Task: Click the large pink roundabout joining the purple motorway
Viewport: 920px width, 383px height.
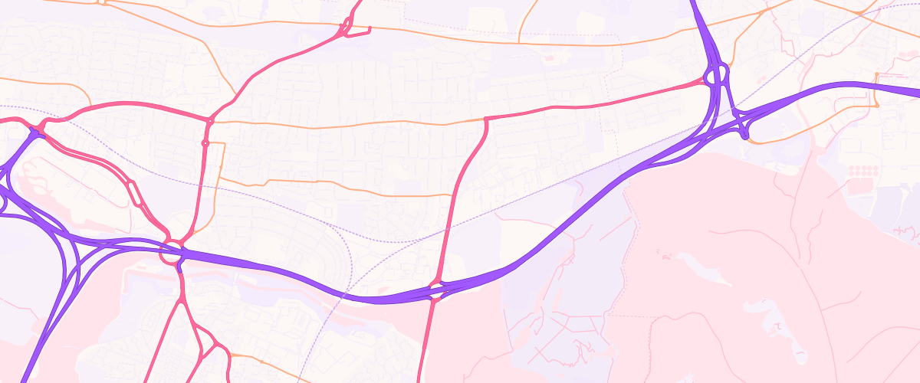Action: coord(172,253)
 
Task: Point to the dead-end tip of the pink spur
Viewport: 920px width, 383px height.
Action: coord(370,30)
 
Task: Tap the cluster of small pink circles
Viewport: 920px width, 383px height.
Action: coord(863,169)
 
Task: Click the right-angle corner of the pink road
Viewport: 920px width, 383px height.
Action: coord(486,118)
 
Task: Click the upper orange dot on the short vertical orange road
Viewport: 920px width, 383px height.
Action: coord(876,74)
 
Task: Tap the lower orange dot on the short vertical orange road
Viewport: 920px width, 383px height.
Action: coord(876,106)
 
